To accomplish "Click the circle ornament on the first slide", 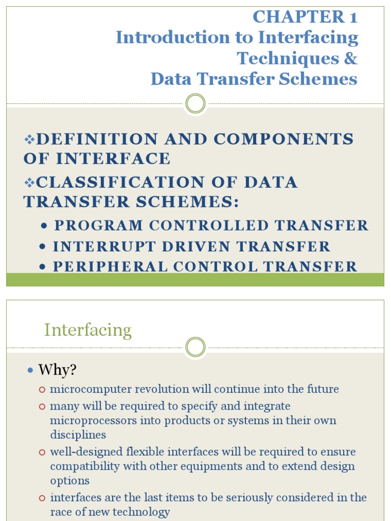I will [x=195, y=104].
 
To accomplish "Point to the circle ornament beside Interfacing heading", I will [x=195, y=348].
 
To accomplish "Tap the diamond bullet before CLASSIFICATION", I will [x=29, y=182].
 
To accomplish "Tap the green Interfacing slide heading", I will [x=88, y=330].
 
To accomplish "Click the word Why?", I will [x=57, y=370].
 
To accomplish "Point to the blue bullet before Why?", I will [x=30, y=370].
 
